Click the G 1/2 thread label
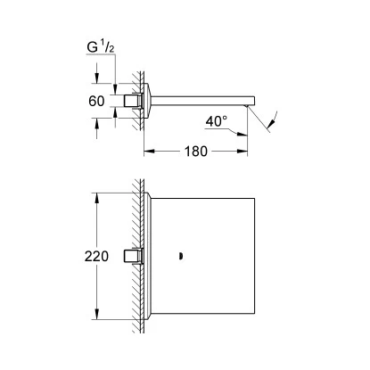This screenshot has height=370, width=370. pyautogui.click(x=101, y=47)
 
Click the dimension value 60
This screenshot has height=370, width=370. pyautogui.click(x=96, y=102)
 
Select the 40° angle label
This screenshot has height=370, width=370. pyautogui.click(x=217, y=121)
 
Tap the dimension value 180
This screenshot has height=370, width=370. pyautogui.click(x=196, y=152)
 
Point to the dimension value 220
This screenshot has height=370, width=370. pyautogui.click(x=96, y=256)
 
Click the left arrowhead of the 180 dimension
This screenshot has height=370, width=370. pyautogui.click(x=149, y=152)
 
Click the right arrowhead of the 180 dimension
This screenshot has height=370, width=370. pyautogui.click(x=243, y=152)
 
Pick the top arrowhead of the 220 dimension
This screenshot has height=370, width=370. pyautogui.click(x=96, y=198)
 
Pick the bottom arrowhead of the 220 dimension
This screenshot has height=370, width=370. pyautogui.click(x=96, y=314)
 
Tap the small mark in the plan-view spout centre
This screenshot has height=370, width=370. pyautogui.click(x=180, y=256)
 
